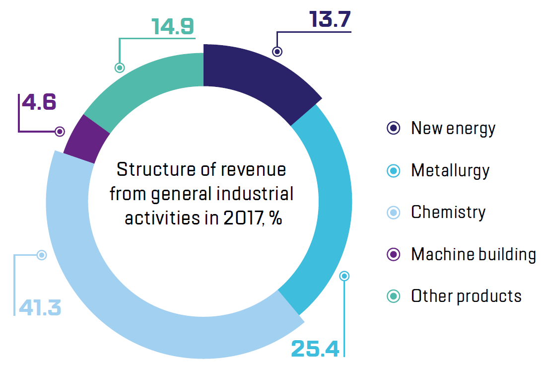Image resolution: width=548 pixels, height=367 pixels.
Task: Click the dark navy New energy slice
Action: [x=253, y=74]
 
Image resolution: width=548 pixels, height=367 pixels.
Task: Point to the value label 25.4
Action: [x=315, y=348]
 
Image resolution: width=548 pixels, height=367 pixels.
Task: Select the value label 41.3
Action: [x=40, y=307]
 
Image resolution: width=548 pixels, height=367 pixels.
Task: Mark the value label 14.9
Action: [x=173, y=27]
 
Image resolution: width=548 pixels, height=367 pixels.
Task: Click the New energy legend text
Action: [x=453, y=129]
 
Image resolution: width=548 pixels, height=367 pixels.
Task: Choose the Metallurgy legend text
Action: [x=450, y=171]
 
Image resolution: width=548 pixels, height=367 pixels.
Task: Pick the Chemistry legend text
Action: [x=448, y=213]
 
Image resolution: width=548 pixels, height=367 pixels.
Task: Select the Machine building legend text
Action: [x=474, y=254]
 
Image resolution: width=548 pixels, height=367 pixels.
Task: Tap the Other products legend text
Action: [x=466, y=296]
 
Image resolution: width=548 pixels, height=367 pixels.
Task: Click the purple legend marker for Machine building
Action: [x=393, y=254]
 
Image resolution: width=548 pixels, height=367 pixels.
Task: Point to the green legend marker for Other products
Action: [x=393, y=296]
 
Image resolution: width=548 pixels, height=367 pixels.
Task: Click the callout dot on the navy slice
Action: [x=277, y=51]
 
